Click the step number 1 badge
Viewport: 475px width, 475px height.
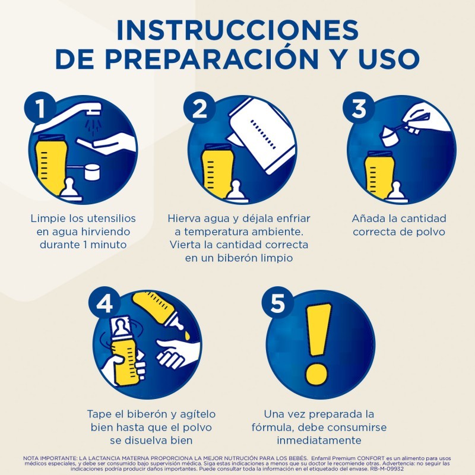pos(40,107)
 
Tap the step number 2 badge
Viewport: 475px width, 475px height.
pos(199,107)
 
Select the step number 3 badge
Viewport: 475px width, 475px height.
pos(359,107)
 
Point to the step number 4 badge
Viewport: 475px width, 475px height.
pos(104,303)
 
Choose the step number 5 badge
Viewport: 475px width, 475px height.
pos(277,303)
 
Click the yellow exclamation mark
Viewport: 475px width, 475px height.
pos(318,344)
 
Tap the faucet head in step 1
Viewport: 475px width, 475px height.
pos(93,109)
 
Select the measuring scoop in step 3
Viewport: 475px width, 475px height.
pos(403,130)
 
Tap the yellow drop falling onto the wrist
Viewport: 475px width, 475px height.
pos(187,335)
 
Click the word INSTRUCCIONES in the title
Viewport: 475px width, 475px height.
pos(237,30)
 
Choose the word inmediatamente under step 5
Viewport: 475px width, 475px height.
pos(319,440)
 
